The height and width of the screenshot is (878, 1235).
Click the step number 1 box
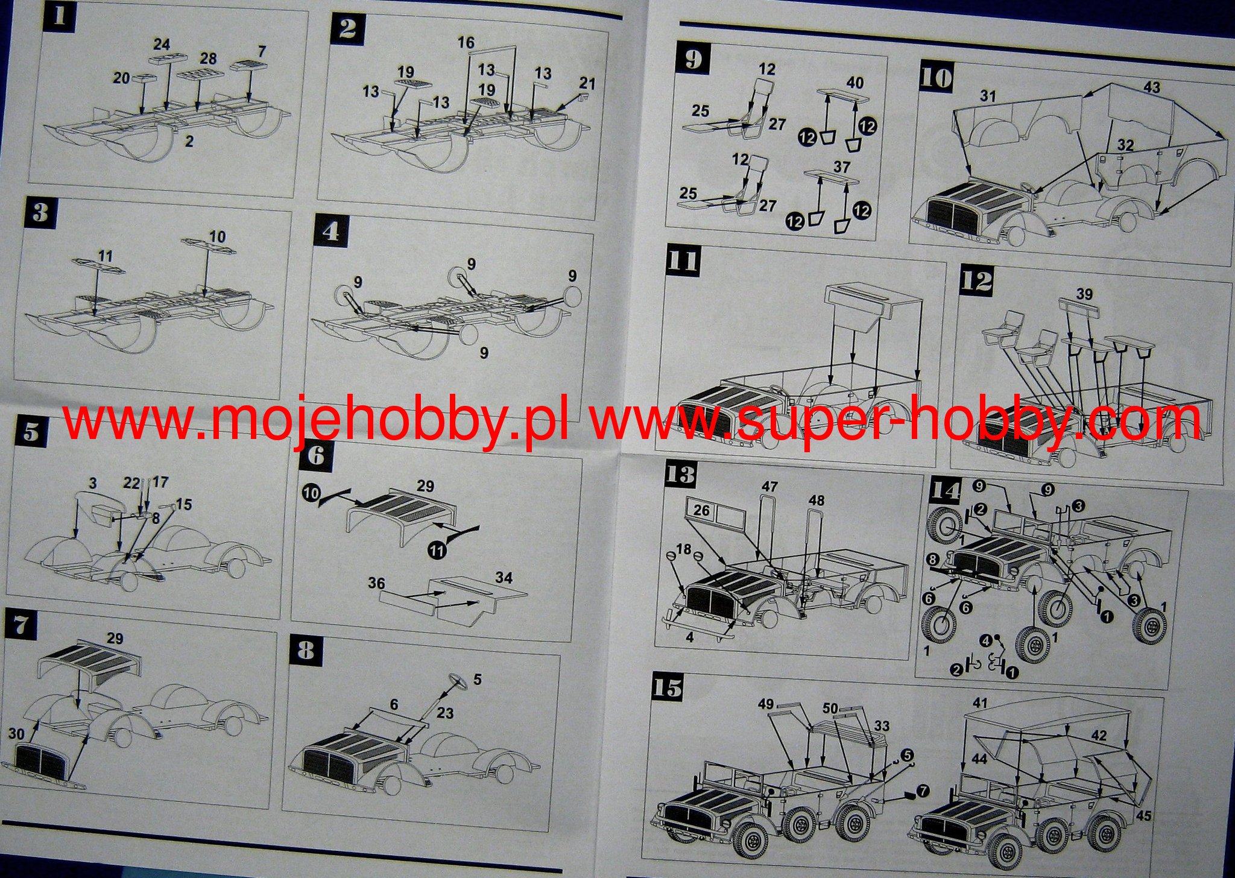point(59,15)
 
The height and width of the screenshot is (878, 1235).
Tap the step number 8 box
point(306,651)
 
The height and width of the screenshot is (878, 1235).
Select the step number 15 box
point(668,688)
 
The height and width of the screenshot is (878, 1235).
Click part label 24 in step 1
point(162,44)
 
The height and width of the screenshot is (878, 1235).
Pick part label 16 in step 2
point(466,42)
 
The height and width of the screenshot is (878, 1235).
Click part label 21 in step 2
point(587,83)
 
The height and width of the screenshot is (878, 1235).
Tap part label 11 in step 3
point(105,256)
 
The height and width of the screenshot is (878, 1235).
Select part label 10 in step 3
point(217,236)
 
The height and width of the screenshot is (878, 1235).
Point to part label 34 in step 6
point(504,578)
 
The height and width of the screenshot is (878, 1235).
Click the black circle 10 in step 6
point(311,493)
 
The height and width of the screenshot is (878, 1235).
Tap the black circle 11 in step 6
point(437,550)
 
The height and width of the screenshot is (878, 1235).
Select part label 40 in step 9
point(854,83)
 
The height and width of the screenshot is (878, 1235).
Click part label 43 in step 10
point(1152,87)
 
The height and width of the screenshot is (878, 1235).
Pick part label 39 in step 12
point(1084,294)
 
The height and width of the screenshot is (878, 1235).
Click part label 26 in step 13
point(701,510)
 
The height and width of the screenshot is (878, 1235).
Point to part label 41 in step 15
point(981,703)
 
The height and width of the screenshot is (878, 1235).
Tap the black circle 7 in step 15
point(923,791)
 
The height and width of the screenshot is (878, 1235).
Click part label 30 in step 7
point(17,733)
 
